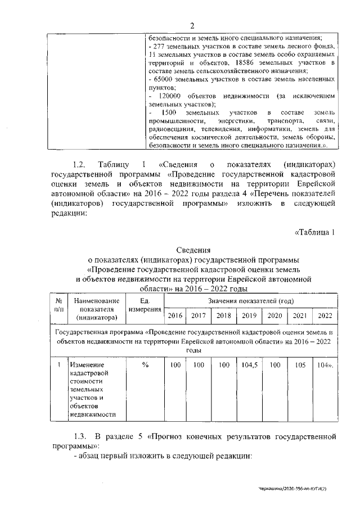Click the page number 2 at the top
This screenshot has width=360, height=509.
191,26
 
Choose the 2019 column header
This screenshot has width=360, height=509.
249,316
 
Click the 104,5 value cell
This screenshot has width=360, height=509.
249,365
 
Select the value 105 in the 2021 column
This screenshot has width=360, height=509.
300,365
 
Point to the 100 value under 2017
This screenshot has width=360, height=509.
198,365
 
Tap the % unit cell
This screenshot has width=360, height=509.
145,365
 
